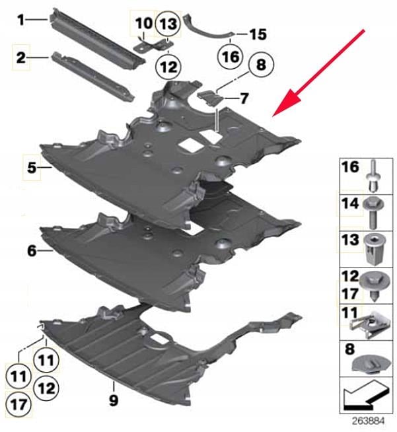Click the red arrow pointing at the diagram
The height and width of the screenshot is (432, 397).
click(x=318, y=73)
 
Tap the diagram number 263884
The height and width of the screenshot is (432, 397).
click(x=368, y=421)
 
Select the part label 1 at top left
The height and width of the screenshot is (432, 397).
click(x=21, y=20)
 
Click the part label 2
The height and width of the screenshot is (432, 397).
click(x=21, y=58)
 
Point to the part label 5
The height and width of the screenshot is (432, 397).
click(x=32, y=168)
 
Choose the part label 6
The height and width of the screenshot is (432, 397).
click(x=32, y=251)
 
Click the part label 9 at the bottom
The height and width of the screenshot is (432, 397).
click(x=113, y=400)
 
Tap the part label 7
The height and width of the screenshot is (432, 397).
click(x=244, y=98)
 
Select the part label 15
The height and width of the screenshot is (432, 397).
click(x=258, y=34)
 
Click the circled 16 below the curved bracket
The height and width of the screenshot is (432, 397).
click(x=231, y=57)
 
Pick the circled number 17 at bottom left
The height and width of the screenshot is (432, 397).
click(x=18, y=404)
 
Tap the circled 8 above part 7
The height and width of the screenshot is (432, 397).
click(x=261, y=64)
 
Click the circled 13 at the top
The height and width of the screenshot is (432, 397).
click(x=168, y=24)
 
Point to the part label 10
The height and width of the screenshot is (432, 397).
click(x=144, y=23)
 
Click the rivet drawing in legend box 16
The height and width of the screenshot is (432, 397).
click(x=374, y=175)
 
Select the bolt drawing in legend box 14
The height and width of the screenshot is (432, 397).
click(x=373, y=213)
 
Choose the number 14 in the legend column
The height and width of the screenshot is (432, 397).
click(x=350, y=203)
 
